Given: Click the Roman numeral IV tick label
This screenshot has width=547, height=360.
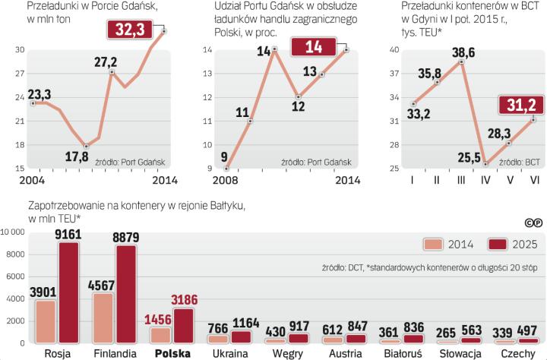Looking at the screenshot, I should pos(485,181).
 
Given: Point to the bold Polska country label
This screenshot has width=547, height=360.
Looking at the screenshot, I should pos(173,353).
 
